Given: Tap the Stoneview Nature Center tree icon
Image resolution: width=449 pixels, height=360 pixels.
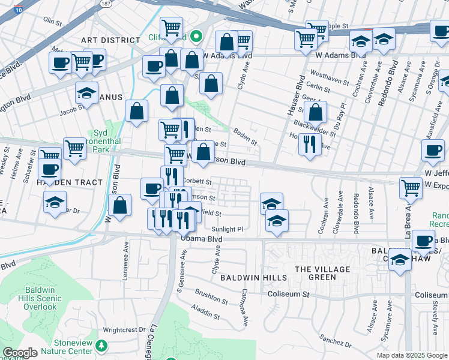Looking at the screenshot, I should click(x=101, y=345).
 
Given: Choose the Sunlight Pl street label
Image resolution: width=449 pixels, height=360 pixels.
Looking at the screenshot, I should click(x=227, y=229).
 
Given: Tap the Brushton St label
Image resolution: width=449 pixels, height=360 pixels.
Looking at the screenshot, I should click(x=210, y=297).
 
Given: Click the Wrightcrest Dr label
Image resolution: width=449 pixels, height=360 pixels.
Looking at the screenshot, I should click(x=124, y=329).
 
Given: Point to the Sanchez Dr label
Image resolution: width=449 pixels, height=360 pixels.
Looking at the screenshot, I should click(x=335, y=341).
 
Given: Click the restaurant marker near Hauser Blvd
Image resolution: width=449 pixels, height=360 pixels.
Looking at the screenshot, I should click(x=310, y=144).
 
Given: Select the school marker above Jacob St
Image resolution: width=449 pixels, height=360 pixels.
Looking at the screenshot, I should click(x=86, y=93).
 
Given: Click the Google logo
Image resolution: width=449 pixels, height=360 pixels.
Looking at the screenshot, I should click(x=20, y=353).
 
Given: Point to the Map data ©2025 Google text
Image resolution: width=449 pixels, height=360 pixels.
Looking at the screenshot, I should click(x=411, y=355).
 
